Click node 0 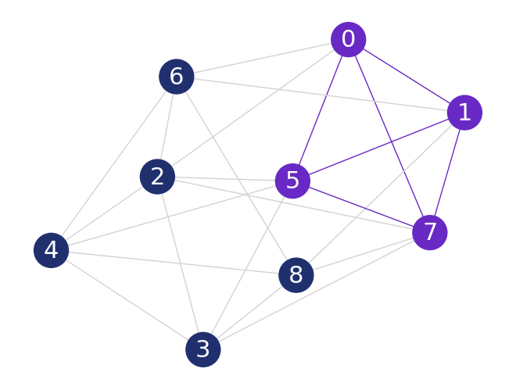point(348,39)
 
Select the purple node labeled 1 point(464,113)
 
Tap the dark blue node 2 point(157,177)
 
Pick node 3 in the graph point(203,349)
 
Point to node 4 point(52,250)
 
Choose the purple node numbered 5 point(292,181)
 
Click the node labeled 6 point(176,77)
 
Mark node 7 point(429,232)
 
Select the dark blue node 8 point(296,275)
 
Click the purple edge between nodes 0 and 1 point(407,76)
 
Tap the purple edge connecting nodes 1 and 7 point(447,172)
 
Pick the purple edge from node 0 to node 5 point(321,109)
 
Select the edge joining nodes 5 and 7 point(361,206)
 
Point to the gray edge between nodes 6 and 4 point(114,163)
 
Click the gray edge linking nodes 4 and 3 point(127,300)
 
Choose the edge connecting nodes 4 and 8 point(174,263)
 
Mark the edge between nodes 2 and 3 point(181,263)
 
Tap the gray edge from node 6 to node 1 point(321,95)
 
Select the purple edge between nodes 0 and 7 point(389,135)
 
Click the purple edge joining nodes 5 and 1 point(378,147)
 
